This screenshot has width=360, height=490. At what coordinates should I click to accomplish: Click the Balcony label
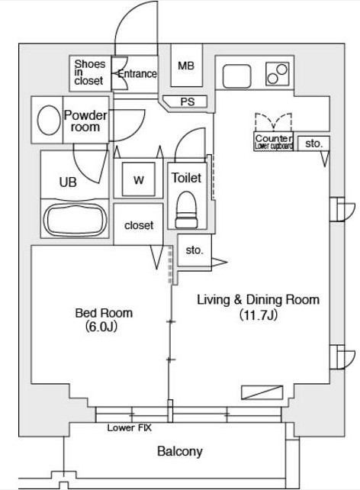click(180, 451)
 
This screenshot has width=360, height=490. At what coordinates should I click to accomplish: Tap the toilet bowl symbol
click(186, 209)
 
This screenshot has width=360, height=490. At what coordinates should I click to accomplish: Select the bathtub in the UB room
click(75, 220)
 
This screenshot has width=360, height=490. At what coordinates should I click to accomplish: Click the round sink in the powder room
click(49, 120)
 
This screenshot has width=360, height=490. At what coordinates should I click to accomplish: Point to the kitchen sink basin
click(236, 76)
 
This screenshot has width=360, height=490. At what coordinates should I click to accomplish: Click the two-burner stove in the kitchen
click(278, 74)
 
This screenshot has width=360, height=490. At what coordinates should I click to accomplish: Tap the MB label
click(186, 66)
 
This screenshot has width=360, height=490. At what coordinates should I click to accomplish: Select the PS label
click(188, 102)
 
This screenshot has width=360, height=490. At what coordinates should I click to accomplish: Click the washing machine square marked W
click(139, 179)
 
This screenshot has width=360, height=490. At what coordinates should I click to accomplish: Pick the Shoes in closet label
click(89, 73)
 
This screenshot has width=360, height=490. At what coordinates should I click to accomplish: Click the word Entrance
click(137, 74)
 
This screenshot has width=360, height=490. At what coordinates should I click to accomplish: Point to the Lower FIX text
click(129, 427)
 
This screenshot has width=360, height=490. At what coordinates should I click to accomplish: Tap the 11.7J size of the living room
click(259, 315)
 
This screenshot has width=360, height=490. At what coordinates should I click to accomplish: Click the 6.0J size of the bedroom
click(101, 327)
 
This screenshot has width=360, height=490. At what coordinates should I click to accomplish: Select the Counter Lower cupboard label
click(274, 142)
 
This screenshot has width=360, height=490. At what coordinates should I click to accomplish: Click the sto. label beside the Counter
click(313, 143)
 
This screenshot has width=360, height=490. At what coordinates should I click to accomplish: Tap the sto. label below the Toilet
click(194, 250)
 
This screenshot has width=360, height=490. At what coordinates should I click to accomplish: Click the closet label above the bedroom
click(139, 225)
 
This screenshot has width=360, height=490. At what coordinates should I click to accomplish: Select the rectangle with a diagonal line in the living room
click(262, 392)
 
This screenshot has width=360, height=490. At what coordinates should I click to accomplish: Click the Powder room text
click(85, 121)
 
